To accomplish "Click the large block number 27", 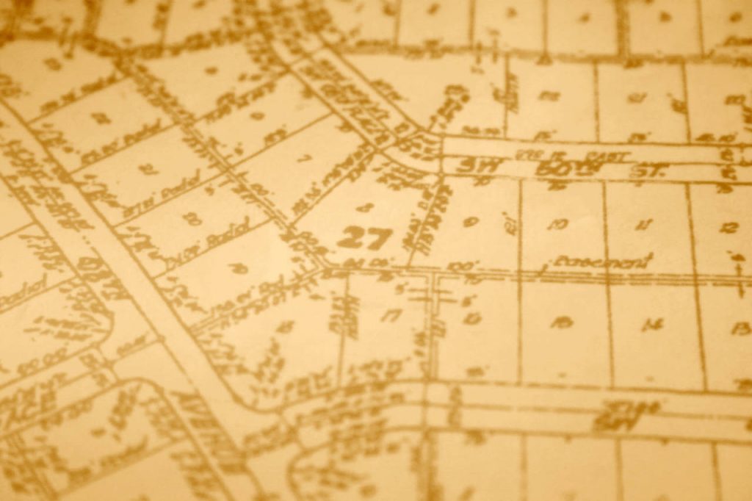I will (365, 237).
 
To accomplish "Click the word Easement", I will (604, 262).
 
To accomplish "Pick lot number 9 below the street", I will (470, 221).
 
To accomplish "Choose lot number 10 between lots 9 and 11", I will (557, 224).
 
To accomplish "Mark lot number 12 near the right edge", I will (728, 228).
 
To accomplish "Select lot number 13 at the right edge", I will (740, 328).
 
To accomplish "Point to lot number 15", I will (562, 321).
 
